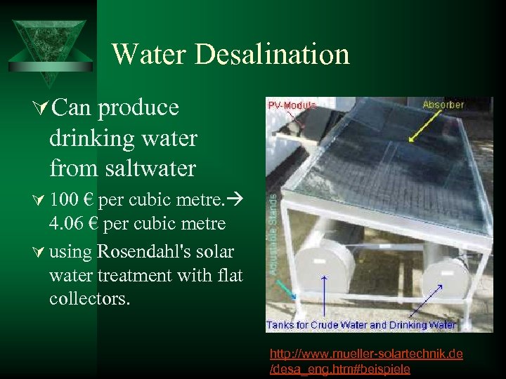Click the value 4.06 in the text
click(x=67, y=224)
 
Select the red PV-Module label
click(x=292, y=105)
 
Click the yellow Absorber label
click(x=443, y=105)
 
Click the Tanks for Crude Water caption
click(x=361, y=325)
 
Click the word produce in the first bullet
click(x=138, y=107)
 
